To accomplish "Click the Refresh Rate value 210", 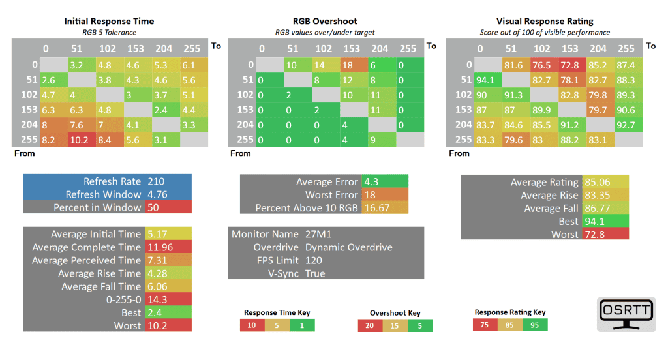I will pos(156,181).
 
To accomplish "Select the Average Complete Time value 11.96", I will pos(160,247).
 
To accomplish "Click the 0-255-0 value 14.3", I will pos(156,299).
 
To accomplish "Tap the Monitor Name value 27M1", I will pos(320,234).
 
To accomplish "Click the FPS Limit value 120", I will pos(314,260).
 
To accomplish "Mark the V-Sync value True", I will pos(315,273).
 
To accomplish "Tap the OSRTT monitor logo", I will pos(626,314).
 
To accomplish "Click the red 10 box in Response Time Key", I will pos(252,325).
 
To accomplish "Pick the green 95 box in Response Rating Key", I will pos(534,325).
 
